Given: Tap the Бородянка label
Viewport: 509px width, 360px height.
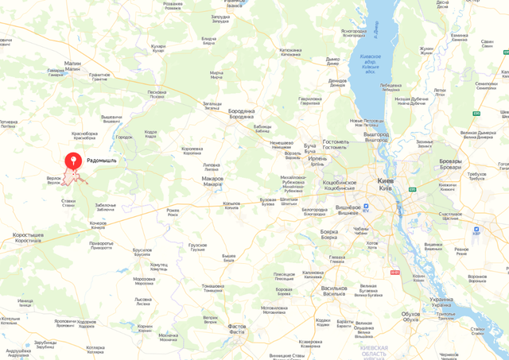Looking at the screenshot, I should (242, 110).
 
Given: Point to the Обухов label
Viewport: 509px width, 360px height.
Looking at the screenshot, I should (411, 313).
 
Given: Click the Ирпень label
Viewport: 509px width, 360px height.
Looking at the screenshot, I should (317, 159).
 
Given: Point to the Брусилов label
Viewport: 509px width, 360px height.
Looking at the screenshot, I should (142, 249).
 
